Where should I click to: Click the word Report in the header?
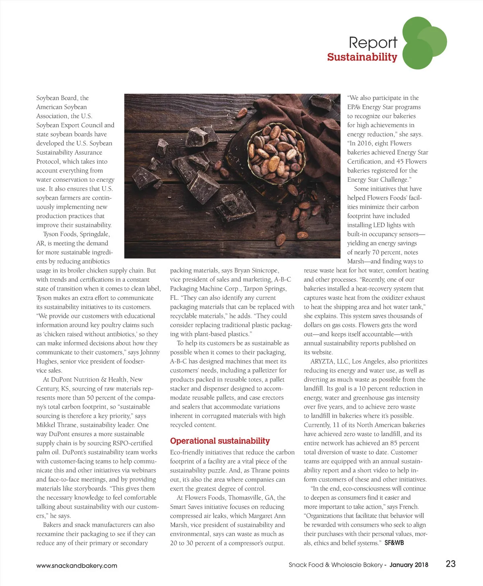click(373, 43)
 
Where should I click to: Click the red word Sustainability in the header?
click(362, 57)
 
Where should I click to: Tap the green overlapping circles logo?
click(423, 43)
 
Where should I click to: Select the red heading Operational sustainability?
click(220, 441)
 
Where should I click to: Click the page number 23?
click(450, 564)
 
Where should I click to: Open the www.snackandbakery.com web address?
click(76, 565)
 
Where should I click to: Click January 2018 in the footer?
click(409, 565)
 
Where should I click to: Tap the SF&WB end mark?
click(394, 543)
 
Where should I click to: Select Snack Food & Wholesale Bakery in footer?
click(335, 565)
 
